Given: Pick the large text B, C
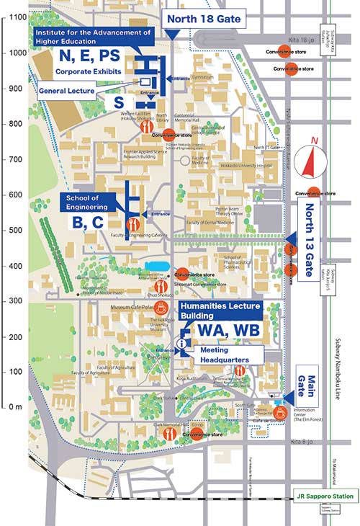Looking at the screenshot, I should [89, 223].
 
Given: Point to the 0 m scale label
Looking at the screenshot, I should [14, 407].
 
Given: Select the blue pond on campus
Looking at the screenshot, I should [155, 266].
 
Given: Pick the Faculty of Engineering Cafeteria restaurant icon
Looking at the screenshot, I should [132, 224].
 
